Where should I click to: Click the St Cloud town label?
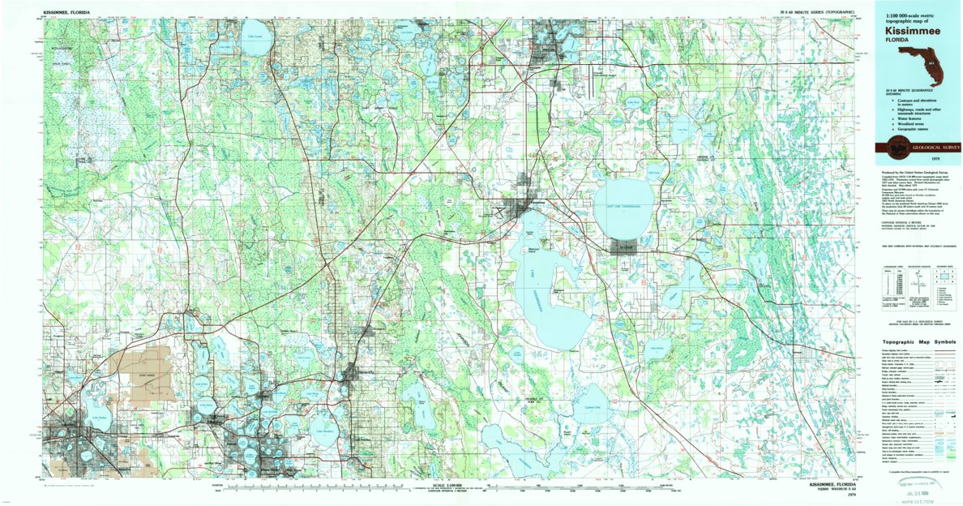[x=624, y=243]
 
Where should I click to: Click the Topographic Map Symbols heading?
[x=917, y=341]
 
